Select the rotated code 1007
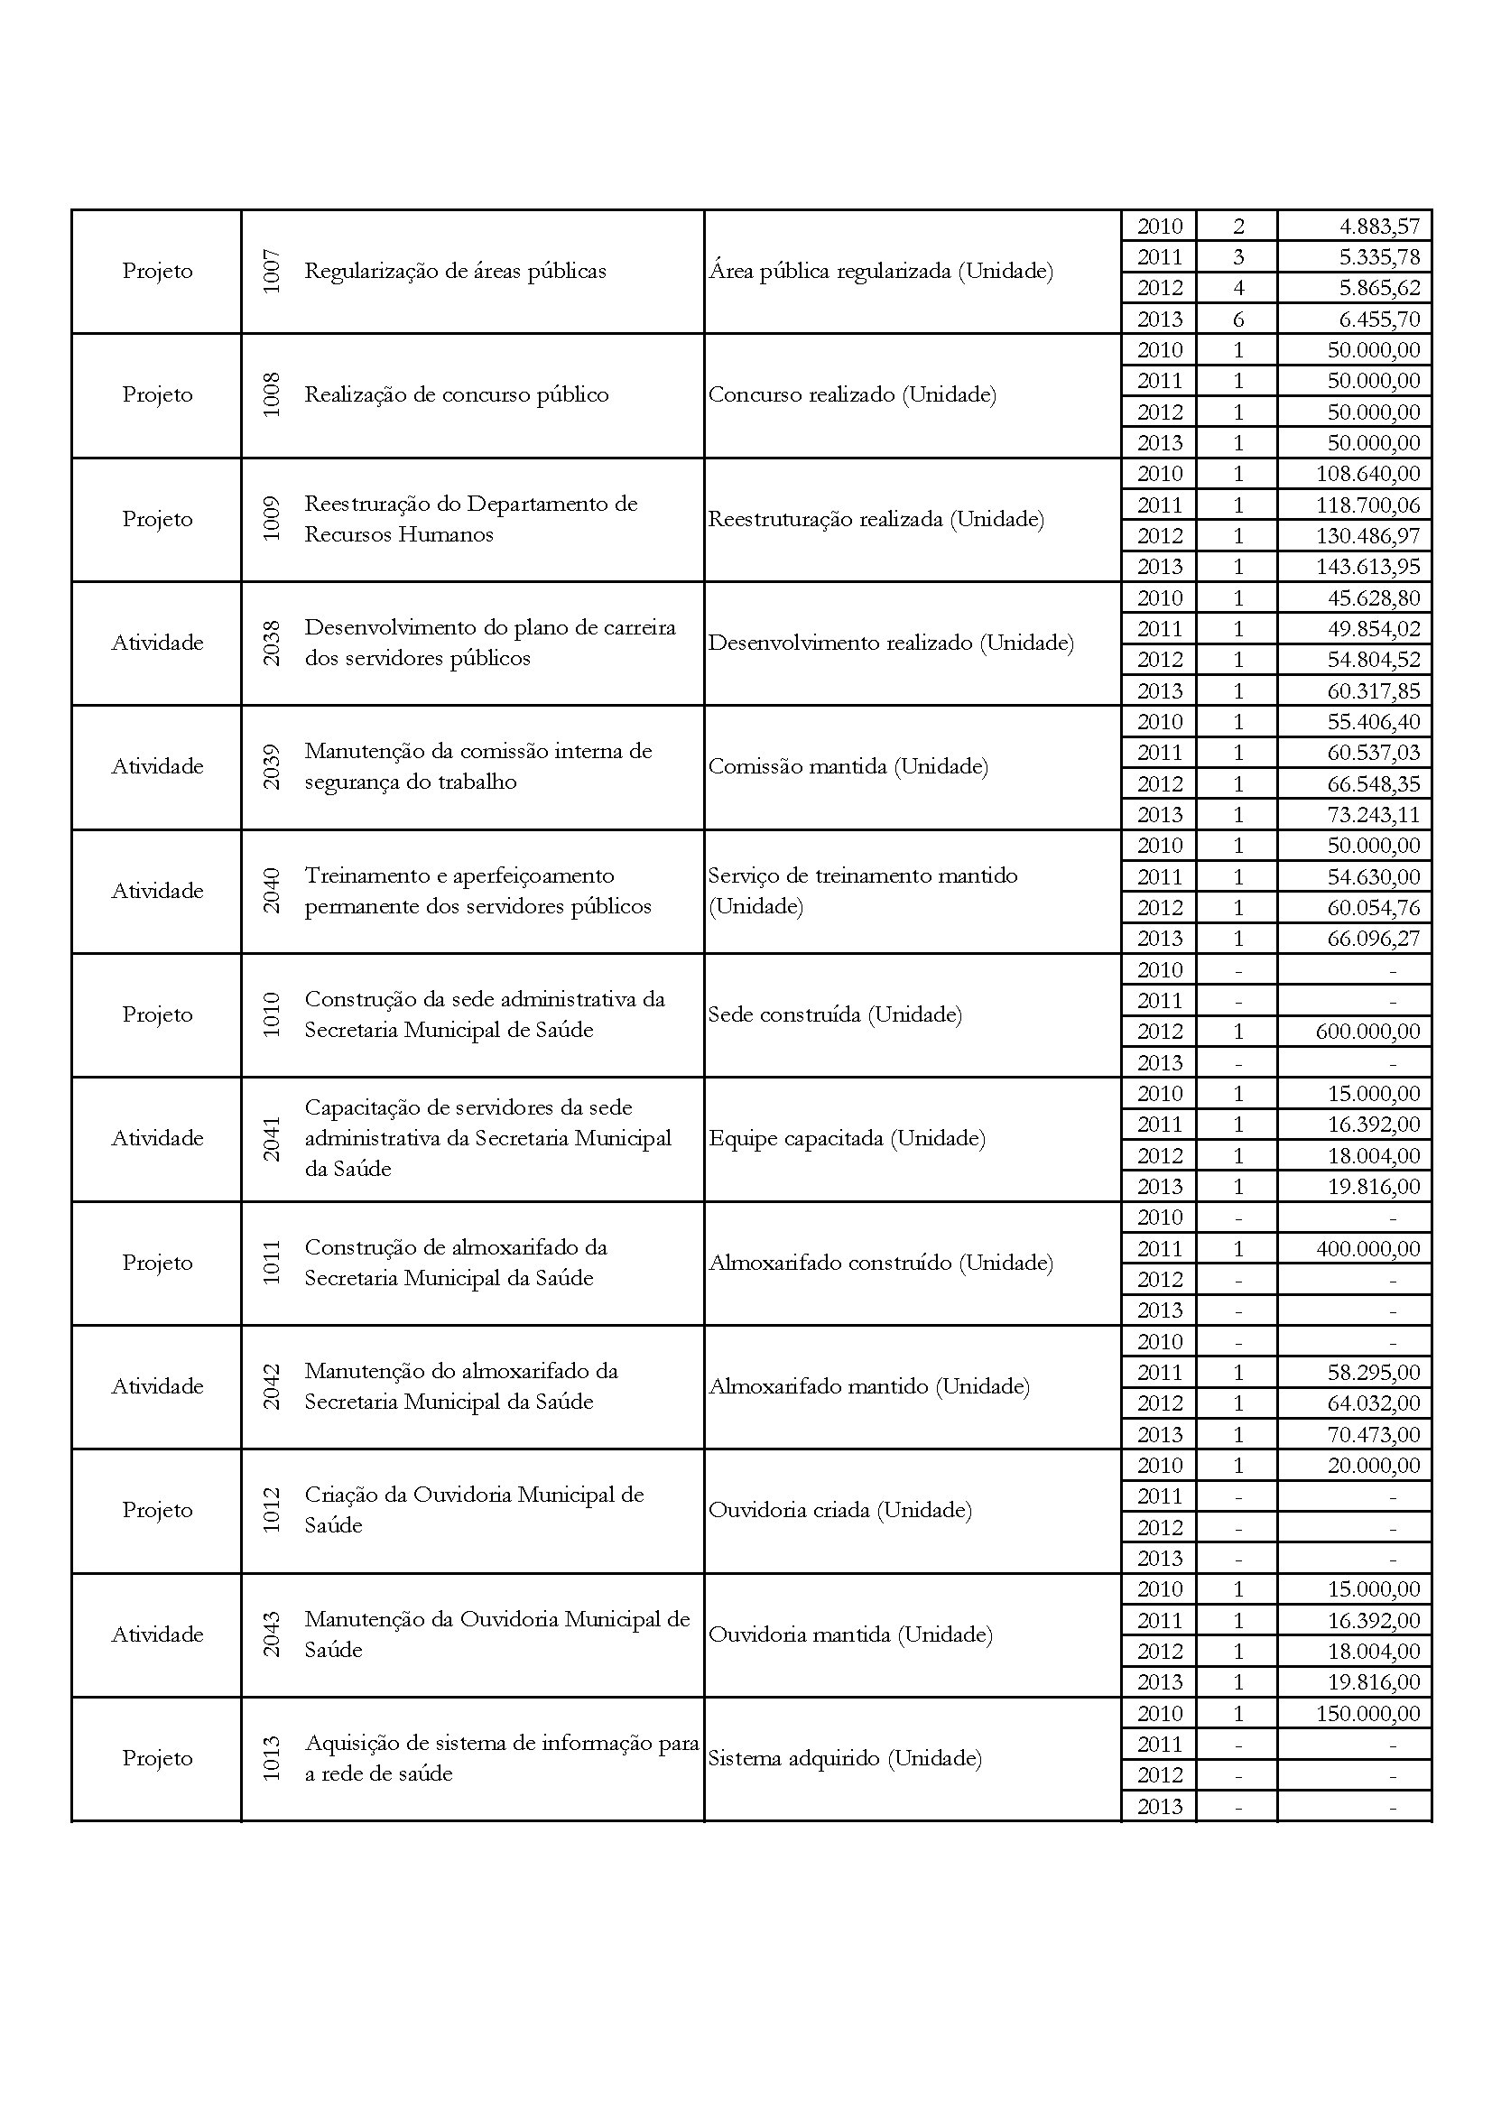click(271, 272)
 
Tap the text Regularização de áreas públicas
click(455, 272)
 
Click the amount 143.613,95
click(1368, 567)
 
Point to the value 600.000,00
click(1368, 1032)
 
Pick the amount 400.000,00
click(1368, 1248)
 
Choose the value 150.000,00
click(1368, 1713)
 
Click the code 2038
click(271, 643)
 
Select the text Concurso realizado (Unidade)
click(852, 394)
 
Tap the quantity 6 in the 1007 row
click(1237, 319)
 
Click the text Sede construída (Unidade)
click(835, 1014)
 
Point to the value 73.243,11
click(1374, 815)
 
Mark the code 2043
click(271, 1634)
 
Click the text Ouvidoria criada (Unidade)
click(839, 1510)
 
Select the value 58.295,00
click(1374, 1373)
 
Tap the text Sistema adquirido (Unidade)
click(845, 1758)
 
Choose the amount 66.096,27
click(1374, 939)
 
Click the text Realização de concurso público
click(456, 394)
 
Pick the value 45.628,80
click(1374, 597)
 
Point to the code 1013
click(271, 1758)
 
